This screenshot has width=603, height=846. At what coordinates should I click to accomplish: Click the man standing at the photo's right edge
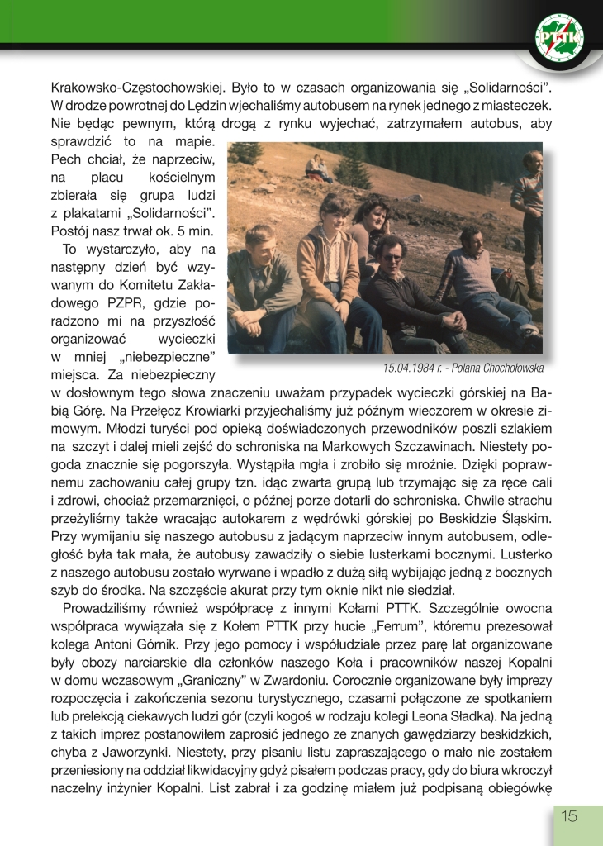(x=528, y=215)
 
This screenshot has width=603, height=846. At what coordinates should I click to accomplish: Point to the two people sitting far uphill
(x=319, y=169)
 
